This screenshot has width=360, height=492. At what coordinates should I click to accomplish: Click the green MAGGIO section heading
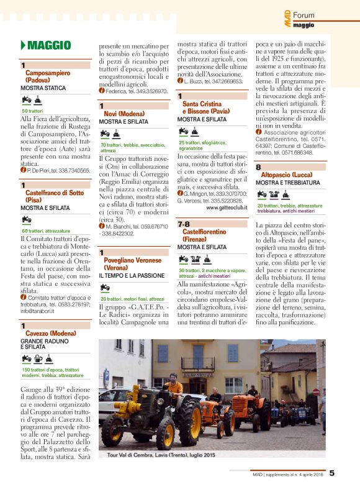click(49, 45)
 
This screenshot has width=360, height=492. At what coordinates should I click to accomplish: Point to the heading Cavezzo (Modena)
click(50, 334)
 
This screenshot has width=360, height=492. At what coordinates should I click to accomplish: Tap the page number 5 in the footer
click(331, 473)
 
